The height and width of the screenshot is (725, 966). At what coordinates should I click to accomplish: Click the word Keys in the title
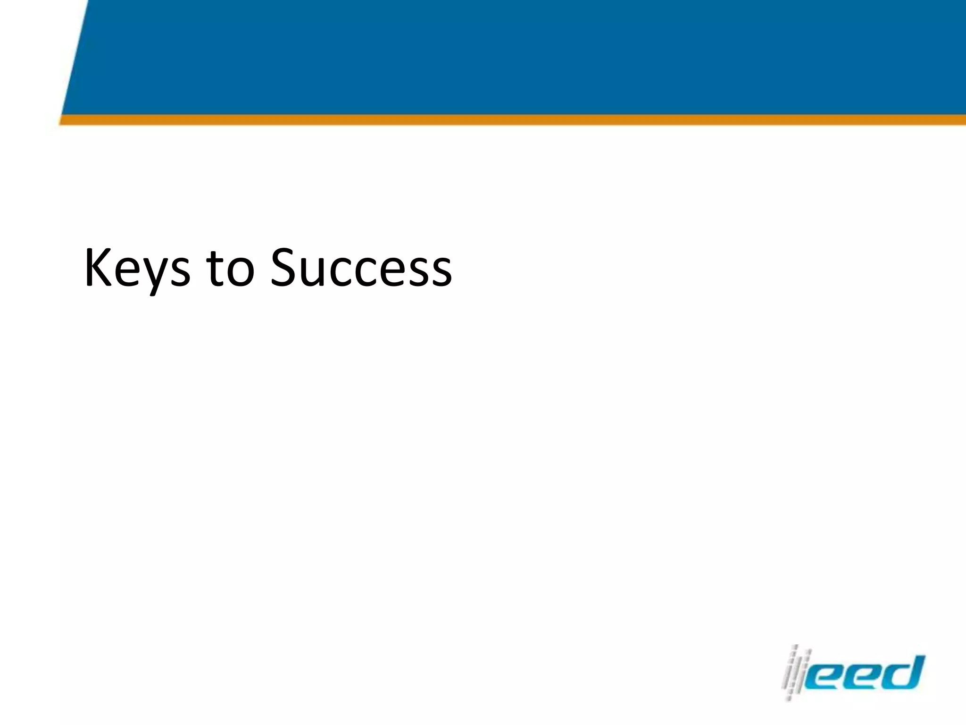tap(137, 268)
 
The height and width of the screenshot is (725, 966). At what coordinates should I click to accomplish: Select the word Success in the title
tap(361, 268)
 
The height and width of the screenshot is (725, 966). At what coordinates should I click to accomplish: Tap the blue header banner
tap(519, 57)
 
